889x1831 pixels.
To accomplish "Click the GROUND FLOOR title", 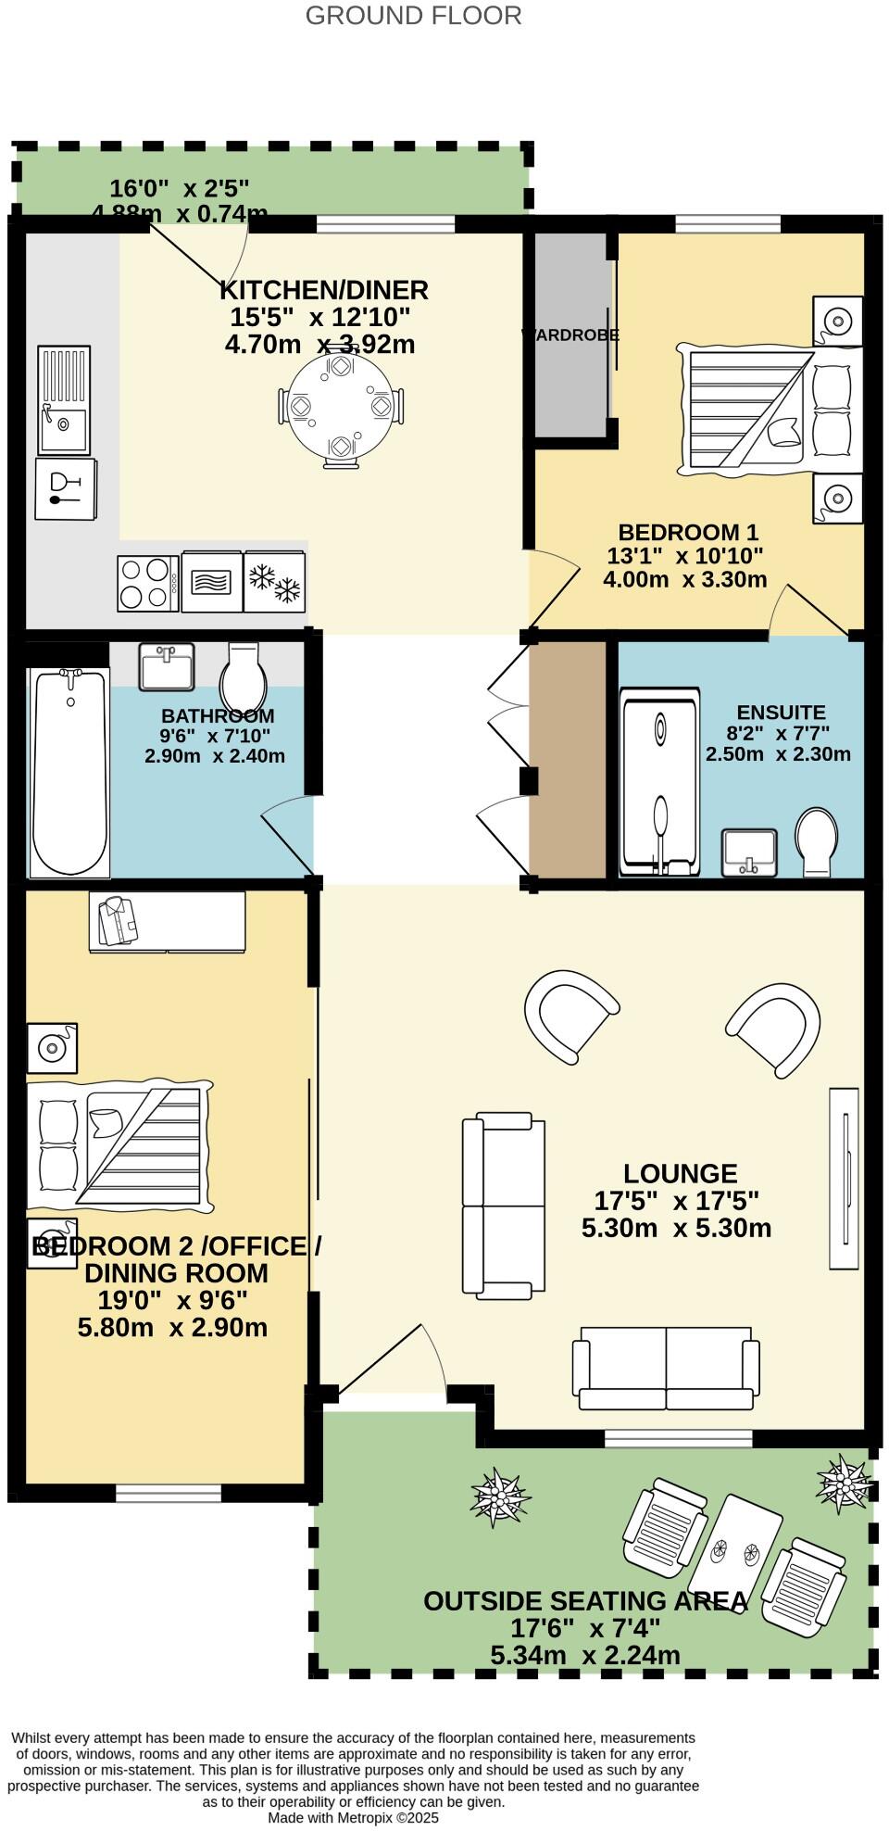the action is tap(413, 16).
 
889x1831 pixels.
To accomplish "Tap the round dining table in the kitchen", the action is tap(341, 407).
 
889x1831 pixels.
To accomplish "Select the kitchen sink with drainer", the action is tap(64, 399).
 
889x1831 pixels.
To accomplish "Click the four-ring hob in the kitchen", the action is tap(148, 583).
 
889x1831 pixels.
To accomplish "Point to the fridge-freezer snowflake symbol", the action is tap(275, 582).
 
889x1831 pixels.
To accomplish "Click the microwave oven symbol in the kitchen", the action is tap(212, 582).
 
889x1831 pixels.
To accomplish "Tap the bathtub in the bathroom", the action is tap(69, 772).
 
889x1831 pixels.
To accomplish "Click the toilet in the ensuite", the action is tap(817, 840).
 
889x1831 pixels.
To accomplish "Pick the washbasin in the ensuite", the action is tap(749, 852).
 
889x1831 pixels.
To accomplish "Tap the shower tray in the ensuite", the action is tap(659, 781).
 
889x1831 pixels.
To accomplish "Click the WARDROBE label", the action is tap(570, 335).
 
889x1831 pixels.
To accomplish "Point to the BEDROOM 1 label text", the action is tap(688, 533).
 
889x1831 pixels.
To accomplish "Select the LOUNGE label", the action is tap(680, 1173).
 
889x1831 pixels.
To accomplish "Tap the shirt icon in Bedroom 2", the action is tap(117, 920).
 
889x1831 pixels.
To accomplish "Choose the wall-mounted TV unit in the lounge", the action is tap(844, 1178).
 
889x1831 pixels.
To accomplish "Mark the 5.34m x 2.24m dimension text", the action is tap(584, 1655).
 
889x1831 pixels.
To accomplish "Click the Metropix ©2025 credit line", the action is tap(353, 1818).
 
